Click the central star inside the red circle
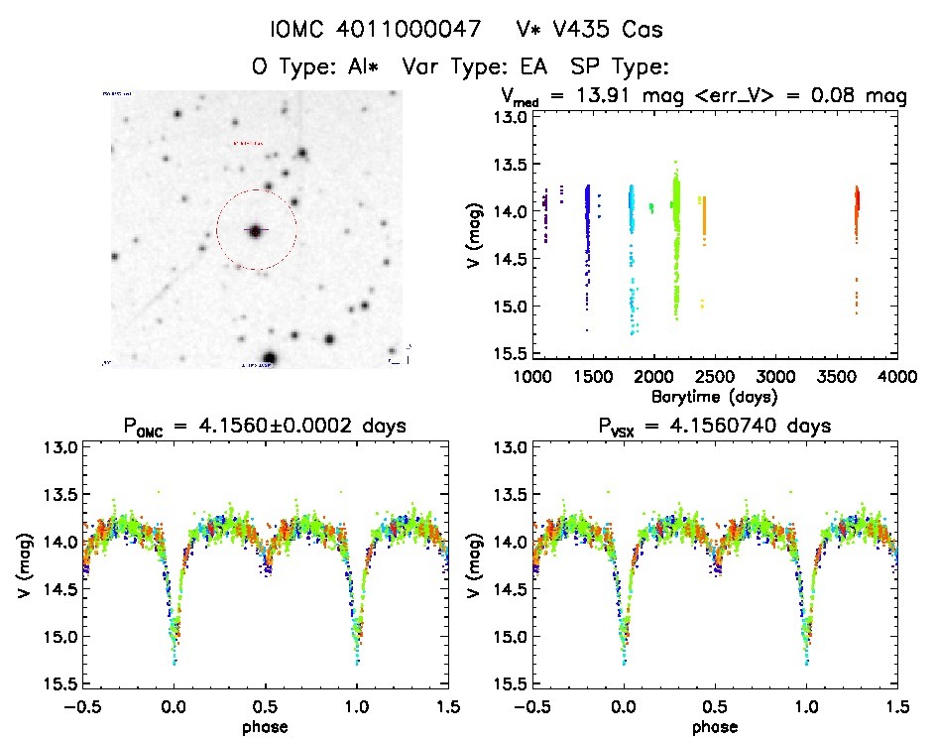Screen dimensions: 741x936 point(256,230)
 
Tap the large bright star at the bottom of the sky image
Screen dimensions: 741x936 point(269,358)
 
